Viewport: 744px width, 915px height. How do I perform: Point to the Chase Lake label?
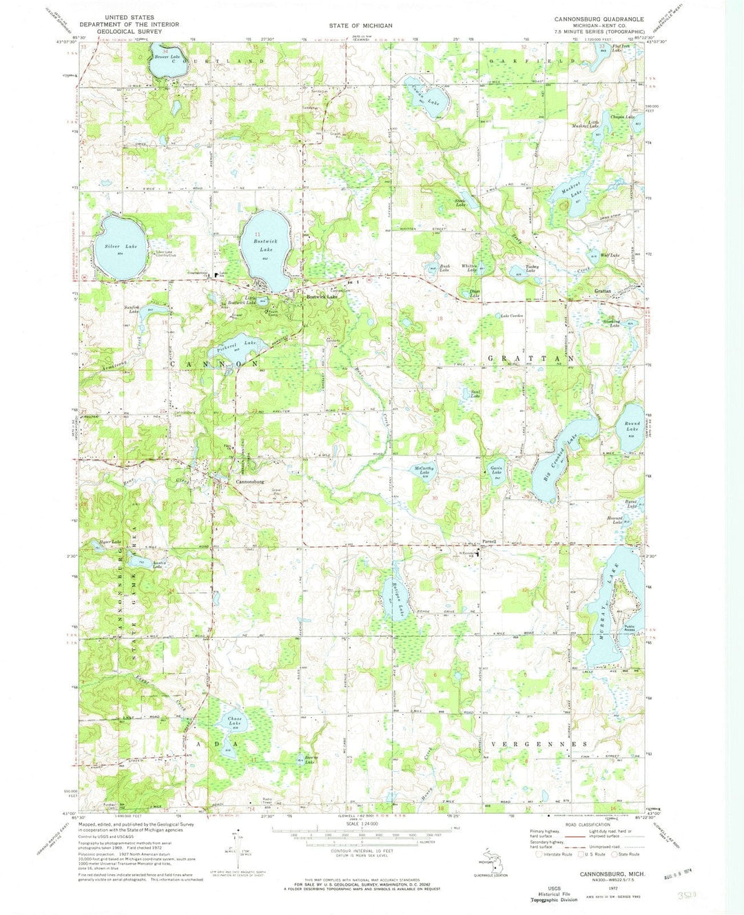(x=234, y=722)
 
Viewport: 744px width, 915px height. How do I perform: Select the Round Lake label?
(x=632, y=426)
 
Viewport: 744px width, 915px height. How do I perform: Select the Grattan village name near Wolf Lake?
(x=603, y=292)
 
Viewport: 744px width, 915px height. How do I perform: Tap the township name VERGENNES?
(x=539, y=745)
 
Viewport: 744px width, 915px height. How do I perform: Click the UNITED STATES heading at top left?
(x=130, y=17)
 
